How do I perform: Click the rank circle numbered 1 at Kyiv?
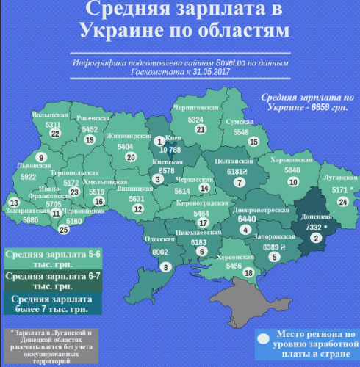click(x=160, y=141)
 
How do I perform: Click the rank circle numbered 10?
click(x=293, y=181)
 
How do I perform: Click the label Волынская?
click(x=51, y=115)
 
